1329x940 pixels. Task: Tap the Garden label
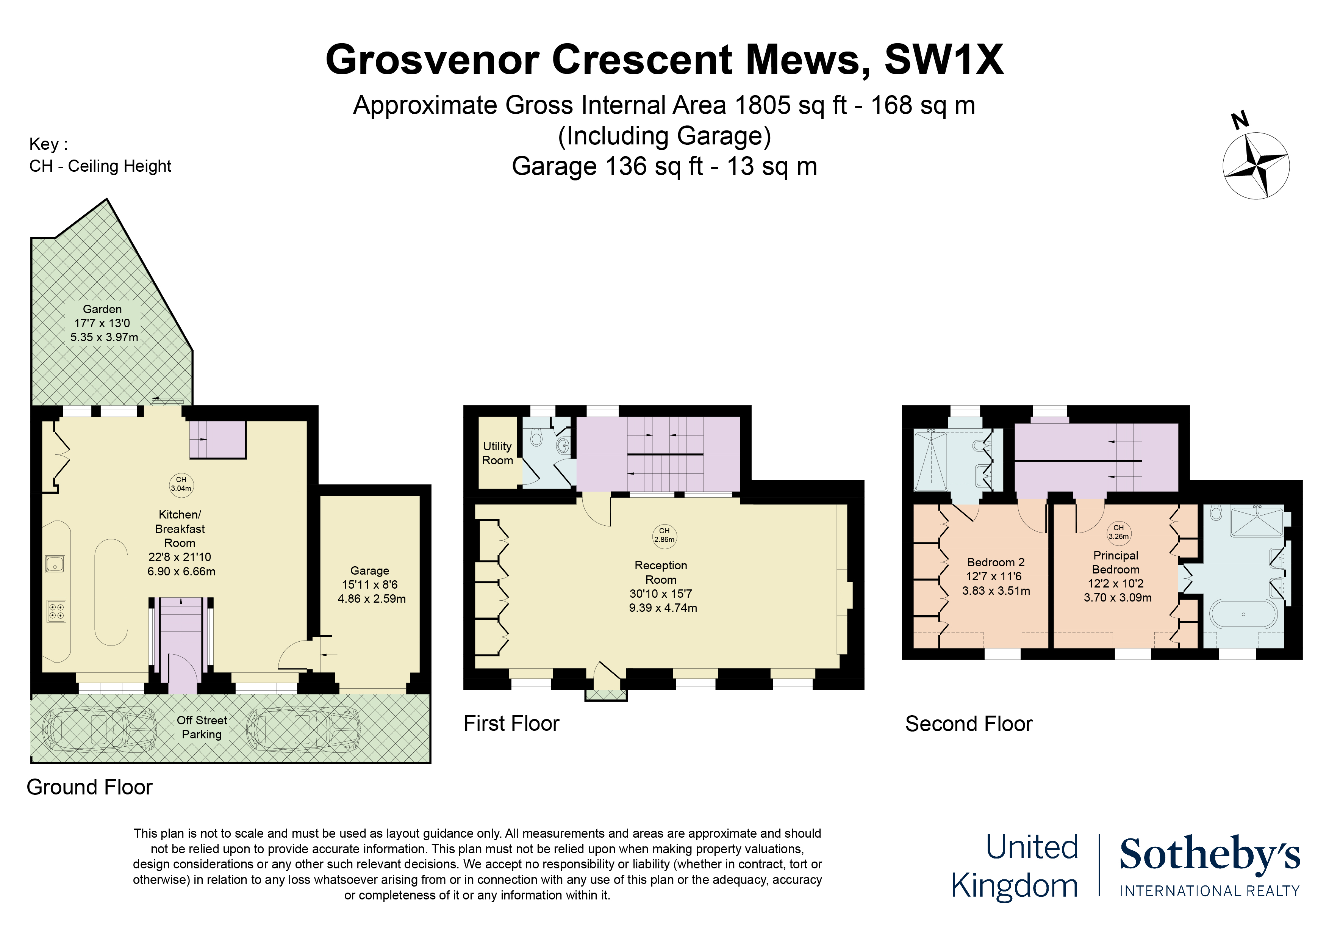[x=102, y=309]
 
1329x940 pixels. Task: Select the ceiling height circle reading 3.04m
[x=181, y=484]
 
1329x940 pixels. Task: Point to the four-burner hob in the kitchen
[x=56, y=611]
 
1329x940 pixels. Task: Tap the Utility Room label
[x=498, y=453]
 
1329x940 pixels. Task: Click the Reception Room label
[x=661, y=572]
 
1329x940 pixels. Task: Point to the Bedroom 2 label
[x=996, y=562]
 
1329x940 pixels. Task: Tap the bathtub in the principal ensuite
[x=1243, y=614]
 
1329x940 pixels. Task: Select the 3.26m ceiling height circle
[x=1119, y=532]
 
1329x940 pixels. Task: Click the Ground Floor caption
[x=90, y=787]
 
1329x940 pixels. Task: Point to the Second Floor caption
[x=969, y=724]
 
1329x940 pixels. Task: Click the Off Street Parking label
[x=202, y=727]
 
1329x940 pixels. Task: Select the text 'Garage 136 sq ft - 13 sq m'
[x=664, y=166]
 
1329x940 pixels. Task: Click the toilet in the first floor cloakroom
[x=536, y=437]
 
